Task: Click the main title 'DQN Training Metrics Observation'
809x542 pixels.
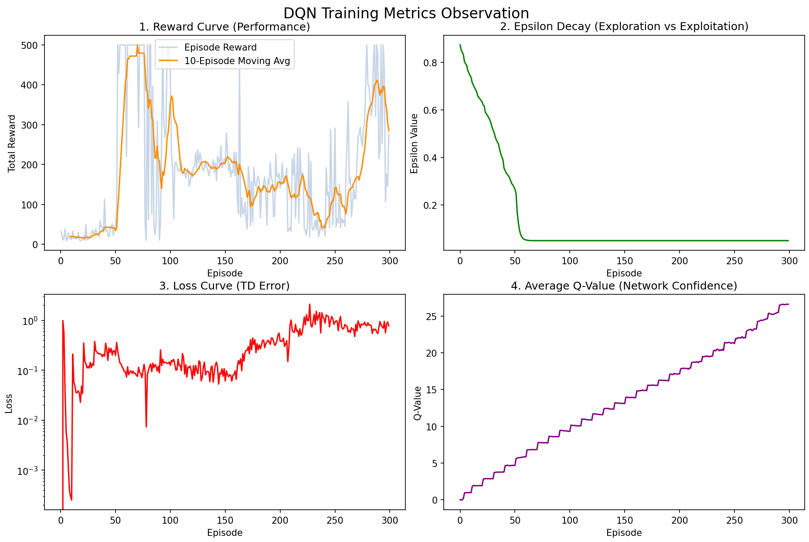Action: pos(406,13)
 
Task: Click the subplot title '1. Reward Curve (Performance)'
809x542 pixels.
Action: pos(224,27)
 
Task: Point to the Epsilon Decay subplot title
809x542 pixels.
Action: pos(624,27)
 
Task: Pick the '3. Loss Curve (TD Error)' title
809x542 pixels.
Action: pos(224,286)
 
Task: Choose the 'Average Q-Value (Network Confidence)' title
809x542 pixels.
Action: pos(624,286)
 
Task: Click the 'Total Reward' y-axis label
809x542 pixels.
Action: pos(12,143)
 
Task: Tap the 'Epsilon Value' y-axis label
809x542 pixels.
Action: pos(415,143)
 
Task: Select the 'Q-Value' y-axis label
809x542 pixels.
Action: pos(418,403)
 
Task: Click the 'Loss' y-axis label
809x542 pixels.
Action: pos(9,403)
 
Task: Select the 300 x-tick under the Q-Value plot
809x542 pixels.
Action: pos(789,520)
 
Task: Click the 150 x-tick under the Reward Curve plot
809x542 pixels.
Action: pos(225,261)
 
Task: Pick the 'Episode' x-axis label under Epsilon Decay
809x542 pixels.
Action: pos(624,273)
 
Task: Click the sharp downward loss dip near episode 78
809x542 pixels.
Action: pos(146,426)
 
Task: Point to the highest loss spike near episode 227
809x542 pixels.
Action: pos(310,305)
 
